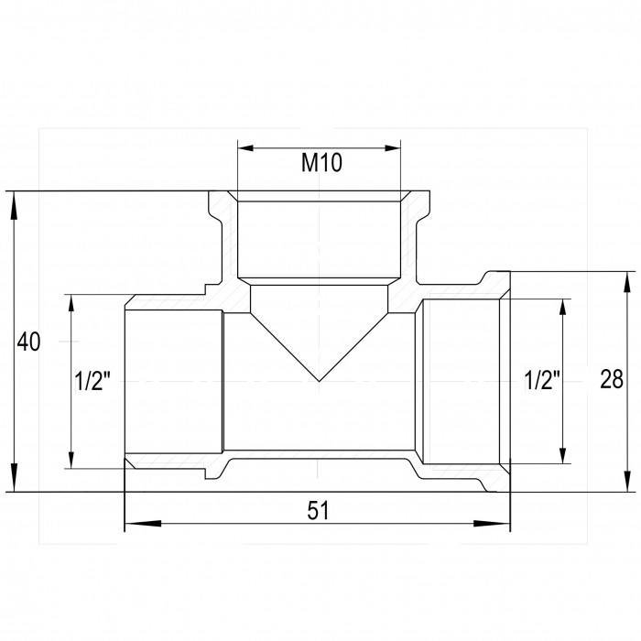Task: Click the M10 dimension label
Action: pos(321,162)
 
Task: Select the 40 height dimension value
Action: pos(28,342)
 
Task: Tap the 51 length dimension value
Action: pos(318,510)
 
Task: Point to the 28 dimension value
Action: pos(612,379)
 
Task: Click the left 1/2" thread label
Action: pos(92,381)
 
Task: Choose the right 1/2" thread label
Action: pos(542,381)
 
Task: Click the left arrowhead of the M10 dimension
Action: pos(246,148)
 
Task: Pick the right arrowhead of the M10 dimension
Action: pos(393,148)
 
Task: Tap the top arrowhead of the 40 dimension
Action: pos(14,207)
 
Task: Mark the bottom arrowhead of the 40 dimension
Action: pos(14,477)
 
